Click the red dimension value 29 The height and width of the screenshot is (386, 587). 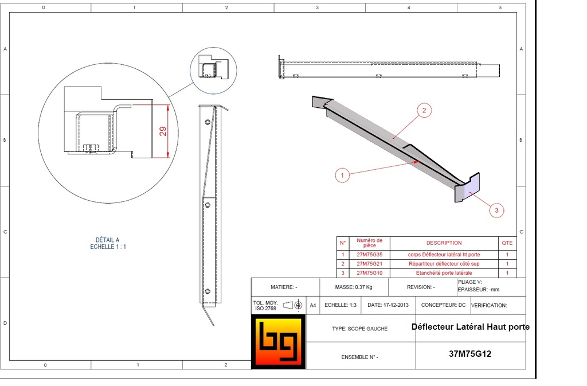point(163,131)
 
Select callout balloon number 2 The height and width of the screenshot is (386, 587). point(424,111)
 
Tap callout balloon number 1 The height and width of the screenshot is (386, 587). point(342,176)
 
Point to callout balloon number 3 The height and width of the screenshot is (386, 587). point(496,210)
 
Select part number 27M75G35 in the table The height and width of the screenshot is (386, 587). point(369,255)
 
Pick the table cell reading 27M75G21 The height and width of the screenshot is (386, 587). point(369,264)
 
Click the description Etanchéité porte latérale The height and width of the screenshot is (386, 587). point(444,273)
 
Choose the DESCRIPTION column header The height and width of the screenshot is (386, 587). point(444,243)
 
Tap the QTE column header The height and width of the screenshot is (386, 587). point(507,243)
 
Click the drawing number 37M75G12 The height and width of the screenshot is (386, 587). point(469,354)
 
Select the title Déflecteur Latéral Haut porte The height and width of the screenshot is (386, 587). point(470,327)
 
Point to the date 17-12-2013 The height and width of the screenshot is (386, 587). point(388,305)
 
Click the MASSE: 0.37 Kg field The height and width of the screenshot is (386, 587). point(354,287)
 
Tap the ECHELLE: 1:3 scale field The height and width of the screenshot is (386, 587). point(341,305)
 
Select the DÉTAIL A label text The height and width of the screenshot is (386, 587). point(108,240)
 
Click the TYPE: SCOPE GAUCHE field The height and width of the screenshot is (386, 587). point(359,329)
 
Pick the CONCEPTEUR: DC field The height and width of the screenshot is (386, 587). point(443,305)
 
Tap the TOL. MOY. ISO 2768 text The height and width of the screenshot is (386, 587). point(265,305)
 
